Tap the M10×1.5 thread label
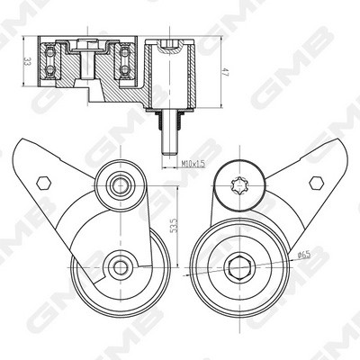193,164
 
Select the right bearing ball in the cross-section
123,62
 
